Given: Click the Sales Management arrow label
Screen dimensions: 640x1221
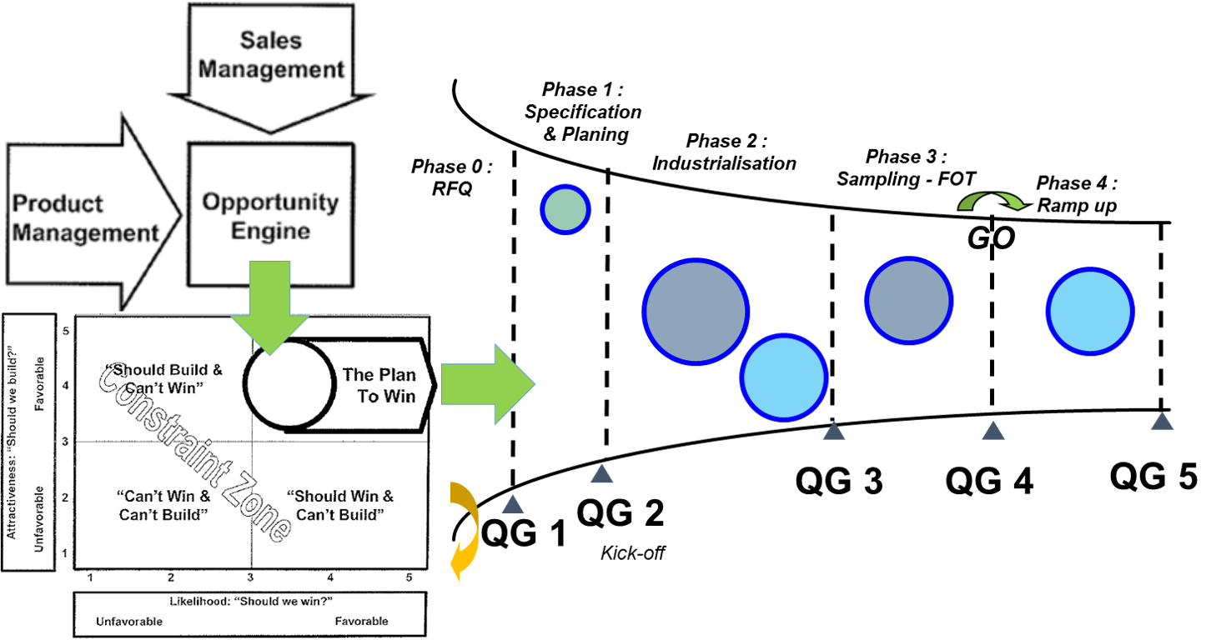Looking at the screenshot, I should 271,55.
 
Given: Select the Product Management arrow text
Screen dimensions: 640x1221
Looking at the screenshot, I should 85,218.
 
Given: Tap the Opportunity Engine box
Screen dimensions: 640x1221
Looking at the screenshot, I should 270,215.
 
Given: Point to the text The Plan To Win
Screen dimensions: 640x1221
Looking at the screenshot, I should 379,386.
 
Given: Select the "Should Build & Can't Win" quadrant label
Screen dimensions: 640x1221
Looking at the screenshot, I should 163,378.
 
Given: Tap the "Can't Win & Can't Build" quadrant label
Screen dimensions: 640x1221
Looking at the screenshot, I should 163,505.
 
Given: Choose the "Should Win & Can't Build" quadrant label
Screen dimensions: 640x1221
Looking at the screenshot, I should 340,505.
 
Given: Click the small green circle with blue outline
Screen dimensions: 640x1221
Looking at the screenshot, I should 565,210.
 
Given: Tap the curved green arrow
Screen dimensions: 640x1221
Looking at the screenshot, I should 992,200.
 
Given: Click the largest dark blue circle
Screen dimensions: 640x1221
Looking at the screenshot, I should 696,311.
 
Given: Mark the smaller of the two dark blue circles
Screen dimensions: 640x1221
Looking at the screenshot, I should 908,300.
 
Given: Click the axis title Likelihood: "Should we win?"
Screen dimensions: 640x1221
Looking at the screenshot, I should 249,601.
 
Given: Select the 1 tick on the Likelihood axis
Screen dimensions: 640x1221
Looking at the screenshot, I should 89,577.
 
